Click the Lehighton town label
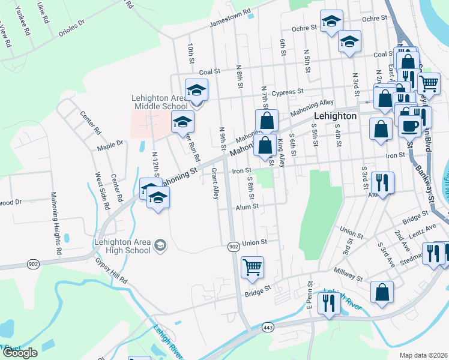point(336,116)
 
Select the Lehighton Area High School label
point(121,246)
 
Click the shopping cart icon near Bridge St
point(252,267)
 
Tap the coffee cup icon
point(410,127)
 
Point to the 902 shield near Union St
point(234,247)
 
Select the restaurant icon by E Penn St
point(328,304)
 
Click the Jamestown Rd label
point(229,20)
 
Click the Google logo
point(20,353)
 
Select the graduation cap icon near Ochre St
point(331,22)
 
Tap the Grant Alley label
point(214,184)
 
